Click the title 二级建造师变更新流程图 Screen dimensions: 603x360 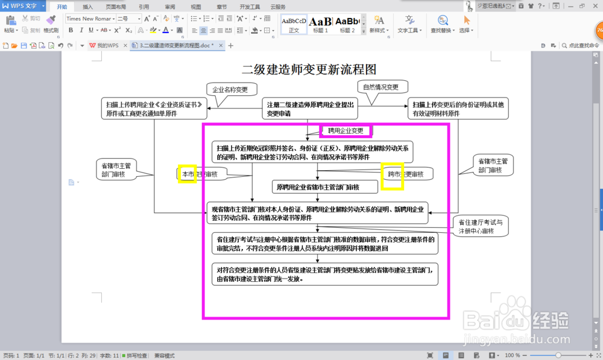coord(309,69)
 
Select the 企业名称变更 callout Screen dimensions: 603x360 coord(230,90)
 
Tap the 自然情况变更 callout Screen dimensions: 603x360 coord(380,87)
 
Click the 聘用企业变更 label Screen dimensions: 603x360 coord(346,131)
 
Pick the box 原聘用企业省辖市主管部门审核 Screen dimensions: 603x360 coord(318,188)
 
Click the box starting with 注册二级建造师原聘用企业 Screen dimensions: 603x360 coord(309,109)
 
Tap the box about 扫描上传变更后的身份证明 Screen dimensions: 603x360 coord(458,109)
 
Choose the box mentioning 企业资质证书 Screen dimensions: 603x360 coord(154,109)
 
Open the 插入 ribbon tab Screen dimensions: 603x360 coord(88,7)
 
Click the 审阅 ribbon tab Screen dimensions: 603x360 coord(170,7)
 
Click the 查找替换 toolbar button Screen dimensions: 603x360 coord(443,24)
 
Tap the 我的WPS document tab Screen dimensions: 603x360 coord(104,45)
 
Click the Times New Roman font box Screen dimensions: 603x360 coord(89,19)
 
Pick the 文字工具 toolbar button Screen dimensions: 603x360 coord(410,24)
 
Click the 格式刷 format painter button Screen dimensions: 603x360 coord(51,24)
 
